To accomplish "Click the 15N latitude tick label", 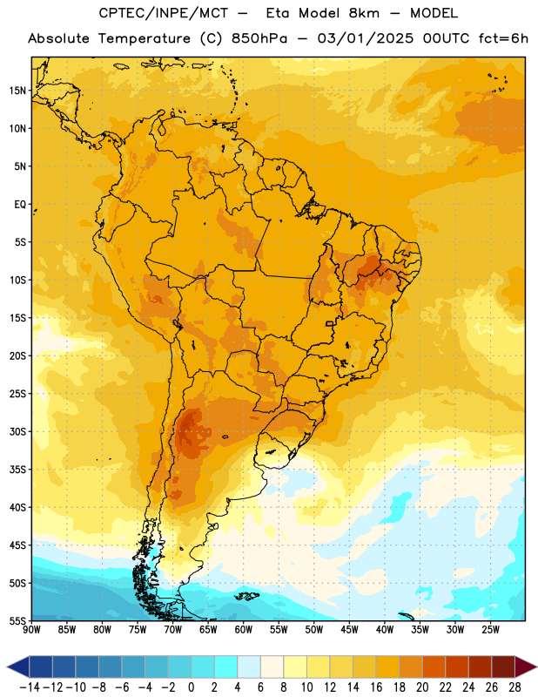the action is (17, 91).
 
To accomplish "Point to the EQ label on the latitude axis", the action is (20, 205).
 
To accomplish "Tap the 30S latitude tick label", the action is (17, 431).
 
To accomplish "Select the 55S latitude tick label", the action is (17, 621).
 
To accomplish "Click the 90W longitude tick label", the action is (31, 629).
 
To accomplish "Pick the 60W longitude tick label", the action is (244, 629).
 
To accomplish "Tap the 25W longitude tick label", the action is (490, 629).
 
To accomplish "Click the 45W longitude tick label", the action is (349, 629).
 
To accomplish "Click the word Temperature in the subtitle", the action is (145, 38).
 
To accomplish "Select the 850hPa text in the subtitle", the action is (259, 38).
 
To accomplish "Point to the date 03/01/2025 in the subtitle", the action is (366, 38).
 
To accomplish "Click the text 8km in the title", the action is (364, 13).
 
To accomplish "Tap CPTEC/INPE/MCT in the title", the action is (164, 13).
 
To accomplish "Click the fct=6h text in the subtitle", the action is (503, 38).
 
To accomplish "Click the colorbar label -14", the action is (30, 687).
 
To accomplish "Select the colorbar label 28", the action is (514, 687).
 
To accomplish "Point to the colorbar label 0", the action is (191, 687).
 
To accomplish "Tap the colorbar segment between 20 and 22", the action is (434, 667).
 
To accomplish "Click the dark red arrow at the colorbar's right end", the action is (525, 667).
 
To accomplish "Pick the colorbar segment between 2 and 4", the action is (226, 667).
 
